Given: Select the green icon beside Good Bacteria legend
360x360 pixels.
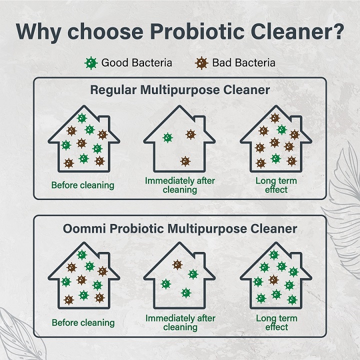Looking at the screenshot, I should click(x=90, y=63).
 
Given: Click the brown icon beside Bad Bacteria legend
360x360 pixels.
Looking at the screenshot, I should click(x=201, y=63).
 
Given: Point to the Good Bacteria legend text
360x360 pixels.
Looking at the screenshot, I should click(x=136, y=63).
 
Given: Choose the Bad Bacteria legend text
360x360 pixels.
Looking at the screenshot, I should click(x=243, y=63).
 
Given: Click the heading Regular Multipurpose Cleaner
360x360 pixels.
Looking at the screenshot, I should click(x=180, y=90).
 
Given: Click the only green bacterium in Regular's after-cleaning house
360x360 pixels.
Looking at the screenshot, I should click(x=167, y=137).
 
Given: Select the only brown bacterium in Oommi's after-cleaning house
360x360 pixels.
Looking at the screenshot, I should click(x=177, y=264).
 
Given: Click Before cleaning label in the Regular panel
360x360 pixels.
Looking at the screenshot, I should click(x=82, y=185).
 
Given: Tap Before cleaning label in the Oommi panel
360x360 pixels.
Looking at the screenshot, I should click(x=83, y=322).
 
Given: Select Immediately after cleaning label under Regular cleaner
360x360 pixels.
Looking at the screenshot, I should click(x=180, y=184).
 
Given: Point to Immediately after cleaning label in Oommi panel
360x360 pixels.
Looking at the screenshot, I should click(x=180, y=322).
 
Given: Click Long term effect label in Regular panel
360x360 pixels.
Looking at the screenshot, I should click(x=276, y=184).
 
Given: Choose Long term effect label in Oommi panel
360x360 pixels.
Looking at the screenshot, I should click(x=276, y=322).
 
